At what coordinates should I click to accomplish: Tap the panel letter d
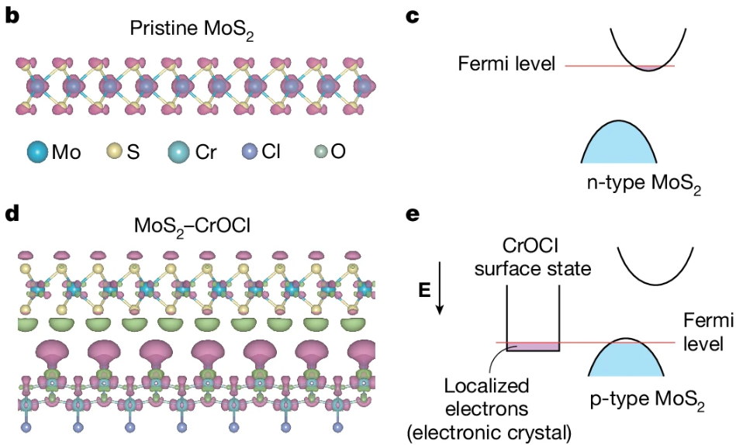click(x=12, y=212)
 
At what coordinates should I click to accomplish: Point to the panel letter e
click(x=413, y=212)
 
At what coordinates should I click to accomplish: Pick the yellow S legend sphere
click(x=114, y=151)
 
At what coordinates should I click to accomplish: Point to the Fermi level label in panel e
click(x=705, y=332)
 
